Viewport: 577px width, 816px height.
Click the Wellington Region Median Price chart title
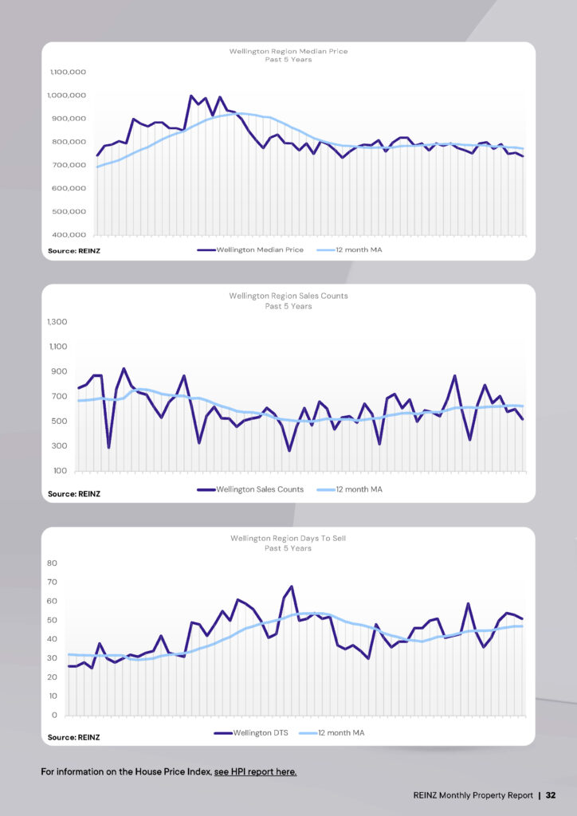tap(288, 51)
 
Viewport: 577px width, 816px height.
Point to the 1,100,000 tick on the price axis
tap(68, 72)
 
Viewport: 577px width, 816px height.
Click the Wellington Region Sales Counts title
tap(288, 296)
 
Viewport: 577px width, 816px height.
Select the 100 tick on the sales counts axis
tap(61, 471)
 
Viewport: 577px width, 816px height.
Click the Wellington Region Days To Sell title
tap(288, 539)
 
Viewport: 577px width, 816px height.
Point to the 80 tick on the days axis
tap(53, 563)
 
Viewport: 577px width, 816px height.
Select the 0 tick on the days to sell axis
tap(55, 715)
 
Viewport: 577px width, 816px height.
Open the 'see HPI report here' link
tap(255, 772)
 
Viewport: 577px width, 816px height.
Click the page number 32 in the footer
tap(551, 795)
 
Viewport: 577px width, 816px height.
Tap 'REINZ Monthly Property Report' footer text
tap(473, 795)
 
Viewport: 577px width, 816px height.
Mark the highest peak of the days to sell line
tap(292, 586)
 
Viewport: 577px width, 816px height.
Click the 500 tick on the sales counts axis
tap(61, 422)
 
